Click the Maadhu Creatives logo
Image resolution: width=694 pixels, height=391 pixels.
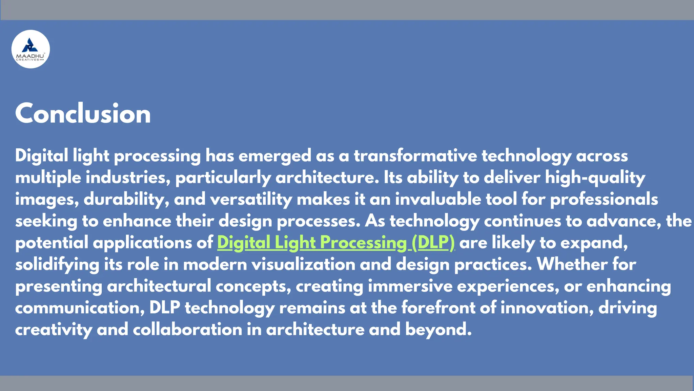coord(30,49)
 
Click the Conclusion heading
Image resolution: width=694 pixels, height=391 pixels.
coord(83,114)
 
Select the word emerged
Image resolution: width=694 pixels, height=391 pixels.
coord(275,156)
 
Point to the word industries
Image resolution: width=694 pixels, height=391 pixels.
coord(128,178)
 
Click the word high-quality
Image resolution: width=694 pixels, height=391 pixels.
coord(595,178)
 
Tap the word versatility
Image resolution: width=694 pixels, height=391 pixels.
coord(251,199)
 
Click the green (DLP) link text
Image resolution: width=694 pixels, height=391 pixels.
coord(433,243)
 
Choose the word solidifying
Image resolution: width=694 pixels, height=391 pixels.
coord(57,265)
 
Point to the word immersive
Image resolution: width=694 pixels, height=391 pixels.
coord(410,286)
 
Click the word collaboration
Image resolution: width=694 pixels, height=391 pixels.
coord(187,330)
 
